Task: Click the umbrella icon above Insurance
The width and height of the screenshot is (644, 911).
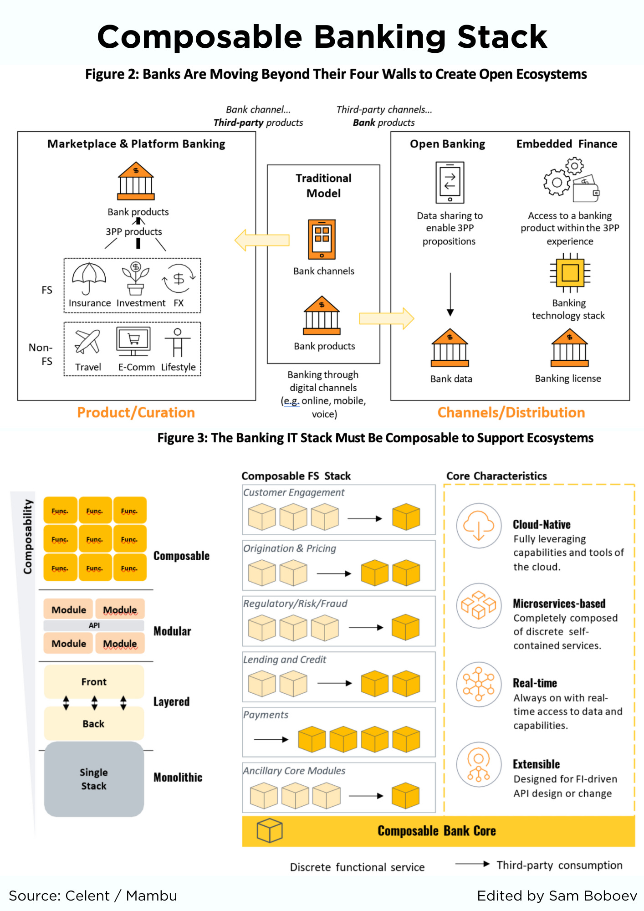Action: coord(89,278)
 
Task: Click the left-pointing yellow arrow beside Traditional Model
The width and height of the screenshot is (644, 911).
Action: coord(262,240)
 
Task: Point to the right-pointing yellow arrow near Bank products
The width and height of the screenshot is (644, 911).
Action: coord(386,318)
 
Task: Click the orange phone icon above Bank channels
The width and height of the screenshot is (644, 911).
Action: coord(322,239)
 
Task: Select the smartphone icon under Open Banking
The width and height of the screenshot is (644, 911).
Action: coord(450,182)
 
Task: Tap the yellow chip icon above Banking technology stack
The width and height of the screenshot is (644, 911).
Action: coord(570,273)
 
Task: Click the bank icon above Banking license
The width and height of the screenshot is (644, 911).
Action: coord(569,348)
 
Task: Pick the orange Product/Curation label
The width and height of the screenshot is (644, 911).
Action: coord(136,413)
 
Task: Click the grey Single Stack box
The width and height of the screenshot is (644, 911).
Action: coord(94,779)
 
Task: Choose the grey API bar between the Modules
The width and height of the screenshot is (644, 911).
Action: coord(94,625)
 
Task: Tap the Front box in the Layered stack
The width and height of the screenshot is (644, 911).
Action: coord(94,682)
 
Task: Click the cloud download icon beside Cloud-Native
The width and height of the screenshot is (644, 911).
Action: coord(479,526)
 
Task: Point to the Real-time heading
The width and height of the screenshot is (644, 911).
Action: coord(535,683)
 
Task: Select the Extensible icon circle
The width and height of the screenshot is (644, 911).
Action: coord(479,764)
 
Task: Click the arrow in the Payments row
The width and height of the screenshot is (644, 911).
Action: coord(271,739)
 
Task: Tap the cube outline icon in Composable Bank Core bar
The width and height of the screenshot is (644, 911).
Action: coord(270,830)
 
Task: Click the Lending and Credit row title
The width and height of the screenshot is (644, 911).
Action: coord(285,660)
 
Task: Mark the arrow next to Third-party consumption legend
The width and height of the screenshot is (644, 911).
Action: coord(472,864)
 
